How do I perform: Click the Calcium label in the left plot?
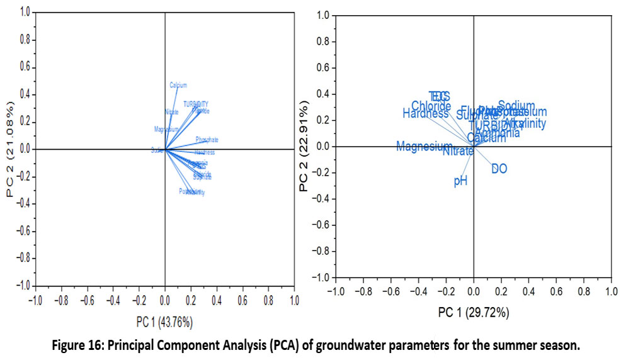coord(178,85)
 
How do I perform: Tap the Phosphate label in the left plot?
coord(207,140)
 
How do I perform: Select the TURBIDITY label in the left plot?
coord(196,104)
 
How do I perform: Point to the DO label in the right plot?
coord(499,169)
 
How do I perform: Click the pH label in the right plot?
coord(460,181)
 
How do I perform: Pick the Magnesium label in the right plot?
coord(424,147)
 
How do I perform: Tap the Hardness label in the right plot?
coord(426,114)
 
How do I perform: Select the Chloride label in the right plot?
coord(431,106)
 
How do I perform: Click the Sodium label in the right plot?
coord(516,105)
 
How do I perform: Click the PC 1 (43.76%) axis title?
coord(164,322)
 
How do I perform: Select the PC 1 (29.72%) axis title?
coord(473,313)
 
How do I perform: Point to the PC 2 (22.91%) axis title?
coord(304,146)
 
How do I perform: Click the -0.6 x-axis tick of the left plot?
coord(87,300)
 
